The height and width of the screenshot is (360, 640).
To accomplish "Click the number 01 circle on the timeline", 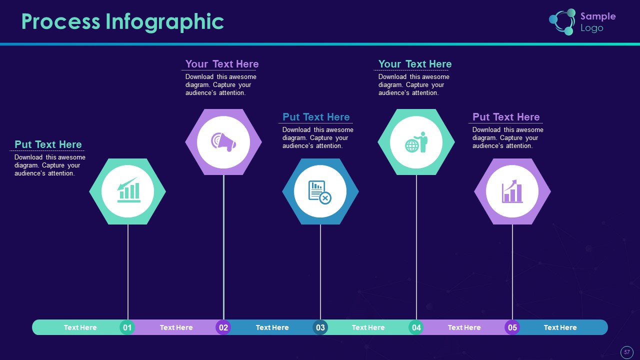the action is pyautogui.click(x=127, y=327).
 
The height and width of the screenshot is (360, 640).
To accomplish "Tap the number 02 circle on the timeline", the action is pyautogui.click(x=223, y=327).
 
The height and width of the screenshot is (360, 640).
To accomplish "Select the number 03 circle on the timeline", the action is pyautogui.click(x=320, y=327).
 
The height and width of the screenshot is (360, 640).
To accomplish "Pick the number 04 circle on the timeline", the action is pyautogui.click(x=416, y=327).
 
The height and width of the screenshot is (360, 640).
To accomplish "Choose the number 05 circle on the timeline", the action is pyautogui.click(x=512, y=327).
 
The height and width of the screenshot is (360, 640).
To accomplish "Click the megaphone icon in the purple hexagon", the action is pyautogui.click(x=223, y=141).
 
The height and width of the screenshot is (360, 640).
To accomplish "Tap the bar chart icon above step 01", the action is pyautogui.click(x=129, y=190).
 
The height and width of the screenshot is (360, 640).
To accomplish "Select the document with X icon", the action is pyautogui.click(x=319, y=192).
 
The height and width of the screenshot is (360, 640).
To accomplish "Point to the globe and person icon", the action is pyautogui.click(x=416, y=142).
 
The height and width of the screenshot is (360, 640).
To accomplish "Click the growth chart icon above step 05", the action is pyautogui.click(x=512, y=191).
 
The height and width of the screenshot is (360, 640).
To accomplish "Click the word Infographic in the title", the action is pyautogui.click(x=165, y=22).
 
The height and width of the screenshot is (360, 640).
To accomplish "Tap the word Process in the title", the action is pyautogui.click(x=61, y=21).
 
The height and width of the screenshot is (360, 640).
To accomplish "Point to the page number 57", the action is pyautogui.click(x=627, y=352).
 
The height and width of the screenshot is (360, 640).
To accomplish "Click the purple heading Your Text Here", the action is pyautogui.click(x=222, y=64).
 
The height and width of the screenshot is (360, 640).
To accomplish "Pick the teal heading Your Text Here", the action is pyautogui.click(x=415, y=64).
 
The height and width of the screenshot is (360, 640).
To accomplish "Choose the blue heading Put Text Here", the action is pyautogui.click(x=316, y=117).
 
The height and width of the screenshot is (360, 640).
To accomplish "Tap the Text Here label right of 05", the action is pyautogui.click(x=560, y=327).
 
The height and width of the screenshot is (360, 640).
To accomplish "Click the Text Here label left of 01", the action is pyautogui.click(x=80, y=327).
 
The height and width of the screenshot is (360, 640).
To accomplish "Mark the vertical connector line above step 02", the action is pyautogui.click(x=223, y=247).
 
